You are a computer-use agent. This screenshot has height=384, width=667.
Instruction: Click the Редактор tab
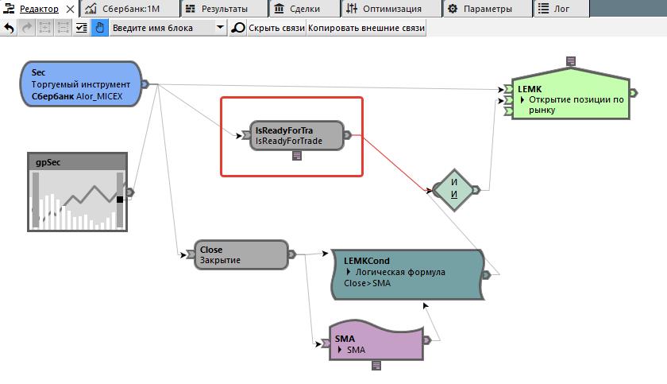coord(38,9)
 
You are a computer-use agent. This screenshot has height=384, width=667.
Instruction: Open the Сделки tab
coord(298,9)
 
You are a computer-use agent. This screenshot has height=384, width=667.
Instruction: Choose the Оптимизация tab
coord(384,9)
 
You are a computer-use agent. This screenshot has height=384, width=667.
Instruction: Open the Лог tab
coord(555,9)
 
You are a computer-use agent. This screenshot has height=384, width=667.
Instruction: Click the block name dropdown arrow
coord(221,28)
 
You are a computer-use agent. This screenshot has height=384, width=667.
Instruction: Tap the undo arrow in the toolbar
coord(10,28)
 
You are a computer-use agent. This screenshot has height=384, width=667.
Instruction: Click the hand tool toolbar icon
coord(100,28)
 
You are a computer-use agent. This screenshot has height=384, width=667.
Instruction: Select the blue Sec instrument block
coord(80,84)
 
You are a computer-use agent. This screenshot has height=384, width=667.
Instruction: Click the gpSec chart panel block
coord(77,192)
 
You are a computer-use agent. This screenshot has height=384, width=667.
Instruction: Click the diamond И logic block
coord(453,189)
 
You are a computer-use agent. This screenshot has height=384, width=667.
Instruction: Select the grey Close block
coord(241,254)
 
